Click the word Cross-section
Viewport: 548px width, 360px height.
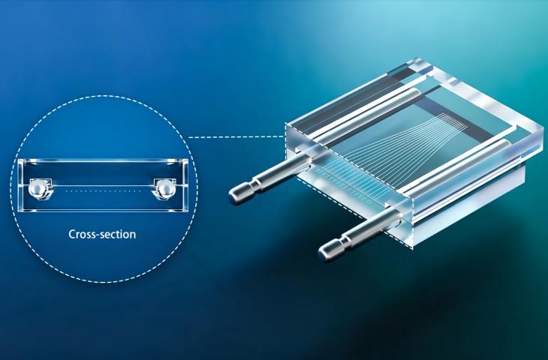[x=102, y=234]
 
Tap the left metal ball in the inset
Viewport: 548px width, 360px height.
[x=37, y=189]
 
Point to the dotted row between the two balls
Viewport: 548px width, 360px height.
[x=104, y=191]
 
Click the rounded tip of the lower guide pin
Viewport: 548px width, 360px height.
[x=324, y=254]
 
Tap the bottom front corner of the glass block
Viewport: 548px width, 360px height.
[x=412, y=248]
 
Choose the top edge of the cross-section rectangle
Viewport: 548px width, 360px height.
[x=103, y=160]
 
